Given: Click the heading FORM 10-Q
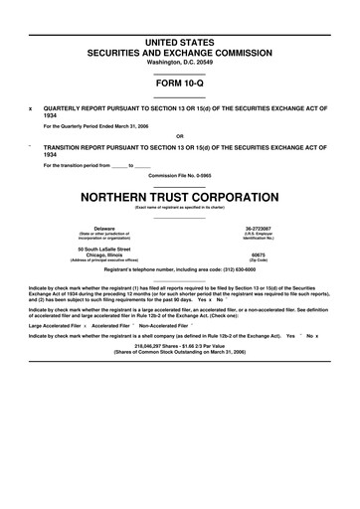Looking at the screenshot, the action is click(x=180, y=85).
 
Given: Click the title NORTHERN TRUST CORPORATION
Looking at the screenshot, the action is click(x=180, y=196).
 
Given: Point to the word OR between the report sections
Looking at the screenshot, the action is click(x=180, y=137).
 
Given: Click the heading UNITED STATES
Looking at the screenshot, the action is click(x=180, y=37).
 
